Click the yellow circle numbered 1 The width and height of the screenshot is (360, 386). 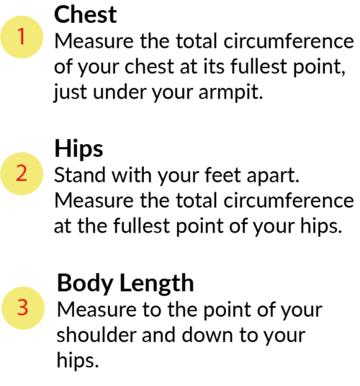pos(22,37)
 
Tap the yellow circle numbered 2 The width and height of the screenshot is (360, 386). pos(22,174)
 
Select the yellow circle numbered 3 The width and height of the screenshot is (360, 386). pos(23,308)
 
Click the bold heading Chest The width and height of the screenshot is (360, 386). pos(85,15)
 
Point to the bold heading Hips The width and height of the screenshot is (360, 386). pos(78,148)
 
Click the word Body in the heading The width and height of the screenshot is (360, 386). pos(85,283)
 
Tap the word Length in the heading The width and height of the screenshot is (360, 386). pos(157,283)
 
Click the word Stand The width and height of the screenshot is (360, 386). pos(79,175)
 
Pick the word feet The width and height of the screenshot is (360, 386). pos(222,175)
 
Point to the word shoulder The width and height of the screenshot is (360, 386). pos(96,335)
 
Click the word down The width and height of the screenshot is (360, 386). pos(207,335)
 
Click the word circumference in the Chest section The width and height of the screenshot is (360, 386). pos(289,41)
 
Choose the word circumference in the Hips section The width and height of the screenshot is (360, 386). pos(289,200)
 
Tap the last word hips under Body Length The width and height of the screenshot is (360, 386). pos(78,361)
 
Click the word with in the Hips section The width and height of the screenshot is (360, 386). pos(132,175)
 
